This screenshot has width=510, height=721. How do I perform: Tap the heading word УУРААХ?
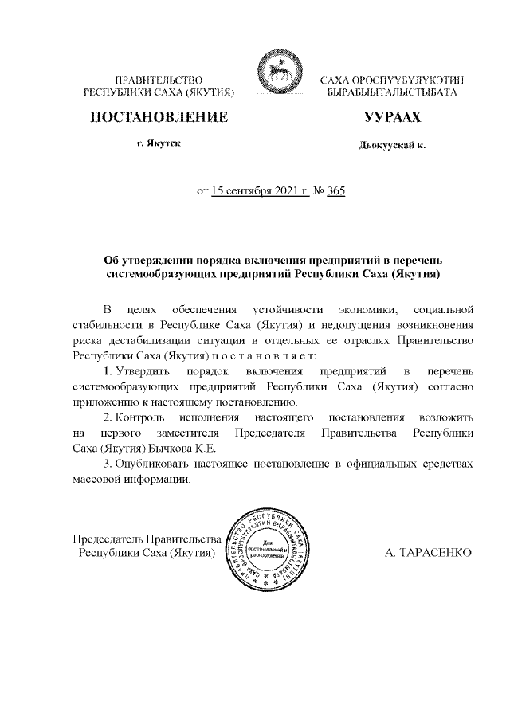click(x=392, y=117)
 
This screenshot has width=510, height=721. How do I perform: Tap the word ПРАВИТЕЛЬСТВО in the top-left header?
click(x=159, y=81)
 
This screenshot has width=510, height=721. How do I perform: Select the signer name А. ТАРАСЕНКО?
click(x=429, y=551)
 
